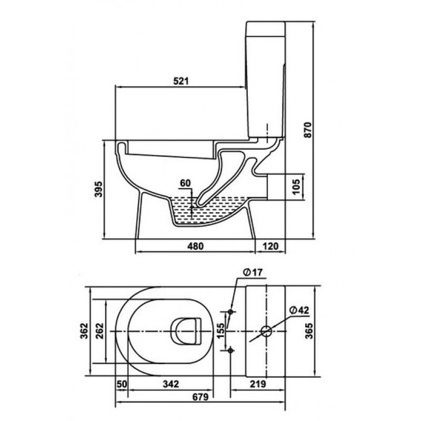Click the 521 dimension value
(181, 81)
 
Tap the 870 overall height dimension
(308, 130)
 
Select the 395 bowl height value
(99, 189)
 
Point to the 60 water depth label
(185, 183)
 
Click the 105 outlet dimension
(296, 187)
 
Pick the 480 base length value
(195, 246)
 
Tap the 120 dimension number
(270, 246)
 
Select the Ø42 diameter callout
(299, 310)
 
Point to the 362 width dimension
(84, 331)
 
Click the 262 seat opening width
(99, 331)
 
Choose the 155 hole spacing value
(220, 331)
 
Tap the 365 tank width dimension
(309, 331)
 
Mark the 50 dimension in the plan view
(122, 384)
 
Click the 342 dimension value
(171, 384)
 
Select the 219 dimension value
(258, 384)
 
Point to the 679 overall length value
(201, 397)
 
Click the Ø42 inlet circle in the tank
(266, 331)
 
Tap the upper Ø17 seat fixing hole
(230, 312)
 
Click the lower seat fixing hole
(230, 350)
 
